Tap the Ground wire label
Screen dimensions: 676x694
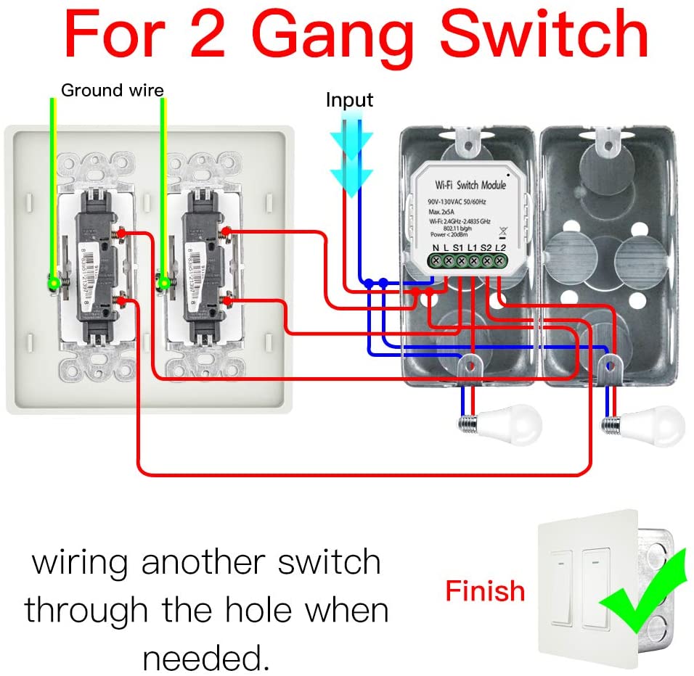pos(112,91)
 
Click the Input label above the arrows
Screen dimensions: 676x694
pos(349,100)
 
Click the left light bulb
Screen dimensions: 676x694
pos(513,422)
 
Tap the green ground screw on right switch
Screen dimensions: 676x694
pos(165,281)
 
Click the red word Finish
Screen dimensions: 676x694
pos(484,591)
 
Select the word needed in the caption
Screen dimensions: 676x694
pos(202,658)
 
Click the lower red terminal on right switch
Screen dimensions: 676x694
pos(229,299)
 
